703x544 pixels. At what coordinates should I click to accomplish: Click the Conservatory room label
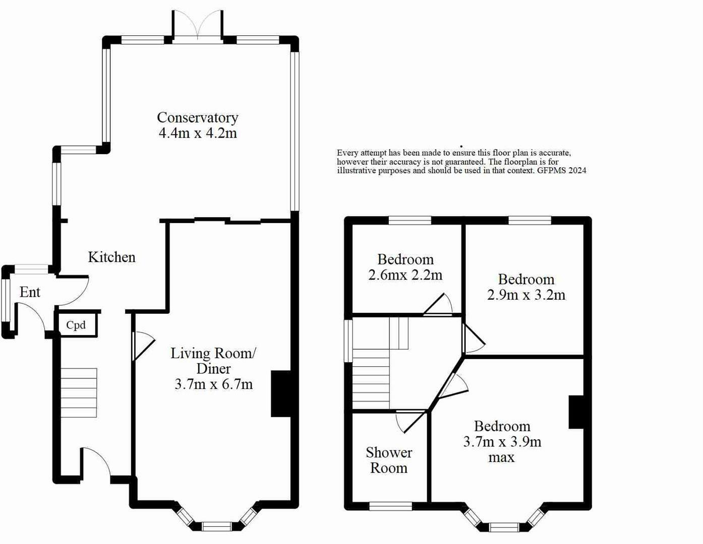tap(198, 118)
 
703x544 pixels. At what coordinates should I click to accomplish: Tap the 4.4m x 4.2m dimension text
tap(198, 133)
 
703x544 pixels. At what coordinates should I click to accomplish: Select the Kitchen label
tap(111, 257)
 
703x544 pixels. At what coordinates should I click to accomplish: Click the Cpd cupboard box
tap(78, 324)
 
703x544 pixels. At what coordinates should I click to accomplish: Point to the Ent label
tap(30, 292)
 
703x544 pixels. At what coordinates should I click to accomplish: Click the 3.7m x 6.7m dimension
tap(213, 384)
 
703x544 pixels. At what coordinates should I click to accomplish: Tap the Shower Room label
tap(388, 460)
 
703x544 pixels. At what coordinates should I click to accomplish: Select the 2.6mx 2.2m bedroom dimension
tap(405, 275)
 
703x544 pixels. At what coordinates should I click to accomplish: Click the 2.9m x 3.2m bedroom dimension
tap(526, 295)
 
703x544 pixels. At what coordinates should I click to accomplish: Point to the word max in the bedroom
tap(501, 457)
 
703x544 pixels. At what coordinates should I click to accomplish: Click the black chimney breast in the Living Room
tap(281, 393)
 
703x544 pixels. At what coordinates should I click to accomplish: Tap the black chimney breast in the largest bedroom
tap(576, 412)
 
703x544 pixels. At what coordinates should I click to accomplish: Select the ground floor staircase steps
tap(79, 392)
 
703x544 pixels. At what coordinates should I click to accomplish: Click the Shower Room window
tap(390, 506)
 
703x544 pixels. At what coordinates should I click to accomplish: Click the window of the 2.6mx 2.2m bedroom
tap(409, 220)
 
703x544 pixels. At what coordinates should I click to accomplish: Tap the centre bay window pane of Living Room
tap(217, 526)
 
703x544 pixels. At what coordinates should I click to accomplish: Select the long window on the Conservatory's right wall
tap(295, 131)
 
